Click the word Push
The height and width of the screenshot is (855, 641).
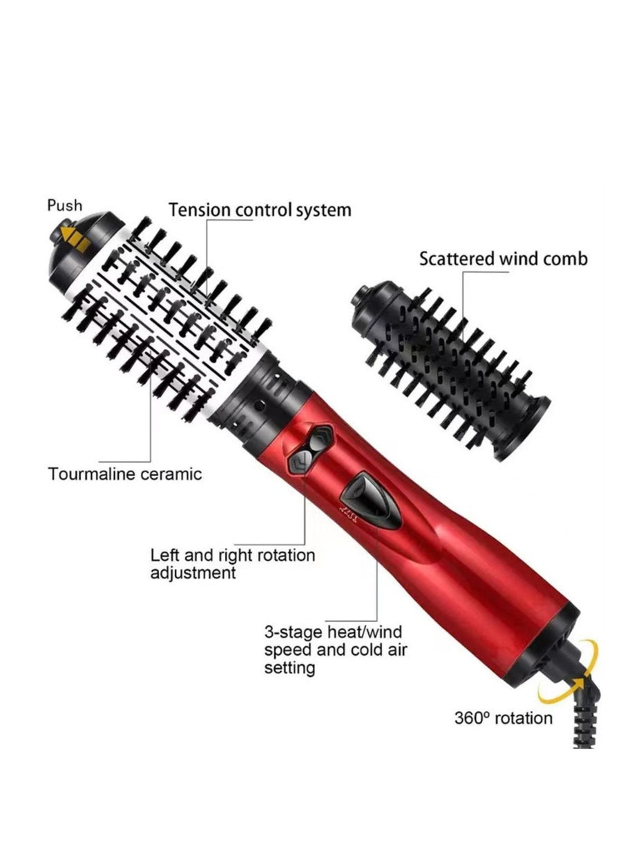click(65, 205)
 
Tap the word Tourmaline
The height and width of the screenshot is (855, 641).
click(91, 474)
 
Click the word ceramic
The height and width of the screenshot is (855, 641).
click(171, 474)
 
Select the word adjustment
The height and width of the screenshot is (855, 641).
click(193, 573)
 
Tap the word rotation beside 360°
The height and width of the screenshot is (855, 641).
click(522, 718)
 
